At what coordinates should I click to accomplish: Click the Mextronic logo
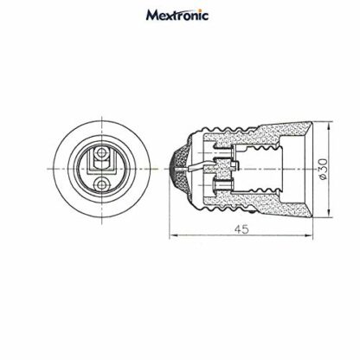coord(177,16)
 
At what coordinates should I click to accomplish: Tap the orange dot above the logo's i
coord(198,10)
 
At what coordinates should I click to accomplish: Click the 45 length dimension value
coord(241,229)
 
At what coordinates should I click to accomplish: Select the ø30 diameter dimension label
coord(324,169)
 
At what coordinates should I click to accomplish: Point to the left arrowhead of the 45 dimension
coord(172,235)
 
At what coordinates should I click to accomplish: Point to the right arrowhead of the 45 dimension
coord(309,235)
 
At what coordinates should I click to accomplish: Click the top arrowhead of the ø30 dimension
coord(329,125)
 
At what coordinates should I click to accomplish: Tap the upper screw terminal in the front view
coord(101,152)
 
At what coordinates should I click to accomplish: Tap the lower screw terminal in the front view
coord(101,183)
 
